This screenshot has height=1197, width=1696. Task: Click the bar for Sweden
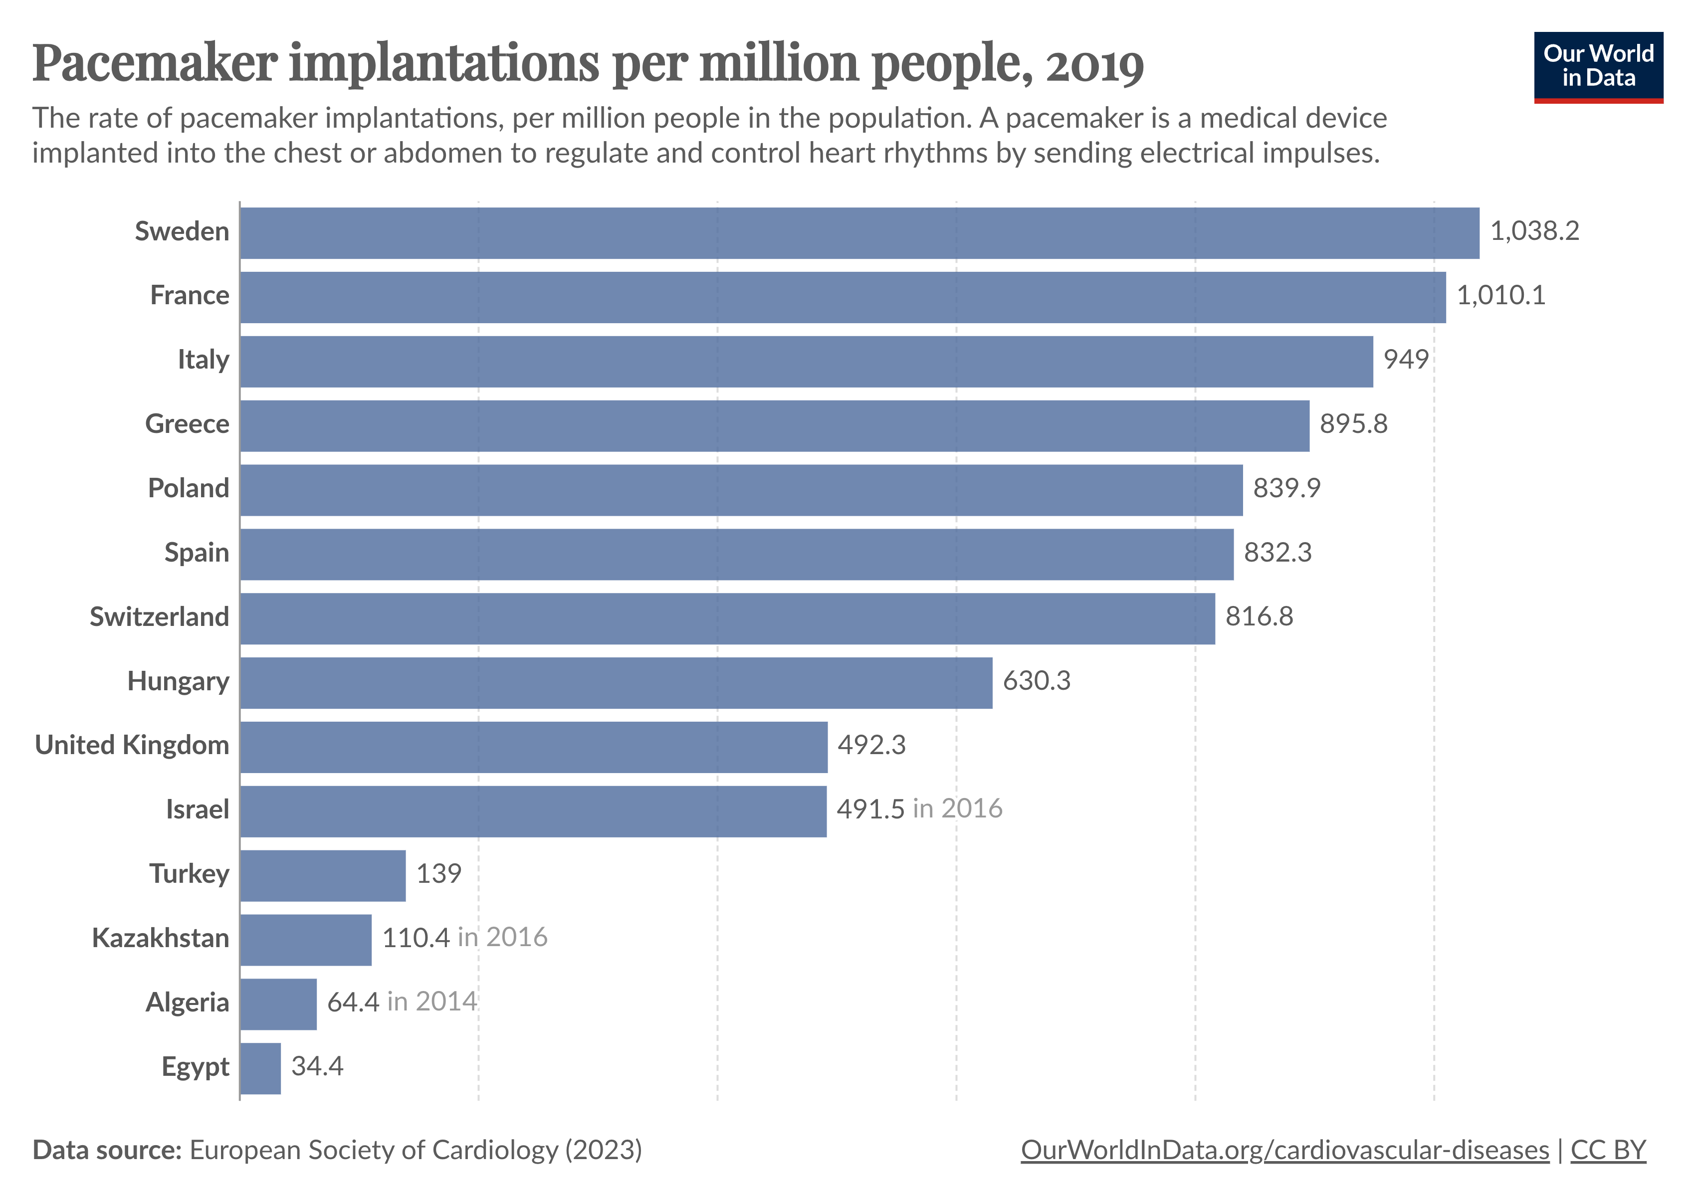pyautogui.click(x=859, y=233)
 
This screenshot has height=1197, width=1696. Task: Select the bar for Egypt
pyautogui.click(x=260, y=1068)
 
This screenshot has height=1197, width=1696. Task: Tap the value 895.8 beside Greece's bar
pyautogui.click(x=1353, y=424)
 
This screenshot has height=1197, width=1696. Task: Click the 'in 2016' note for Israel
pyautogui.click(x=957, y=809)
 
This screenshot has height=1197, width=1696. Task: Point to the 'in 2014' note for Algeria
pyautogui.click(x=432, y=1002)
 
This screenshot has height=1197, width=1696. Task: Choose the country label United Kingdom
pyautogui.click(x=132, y=746)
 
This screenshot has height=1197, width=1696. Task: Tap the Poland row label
pyautogui.click(x=189, y=489)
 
